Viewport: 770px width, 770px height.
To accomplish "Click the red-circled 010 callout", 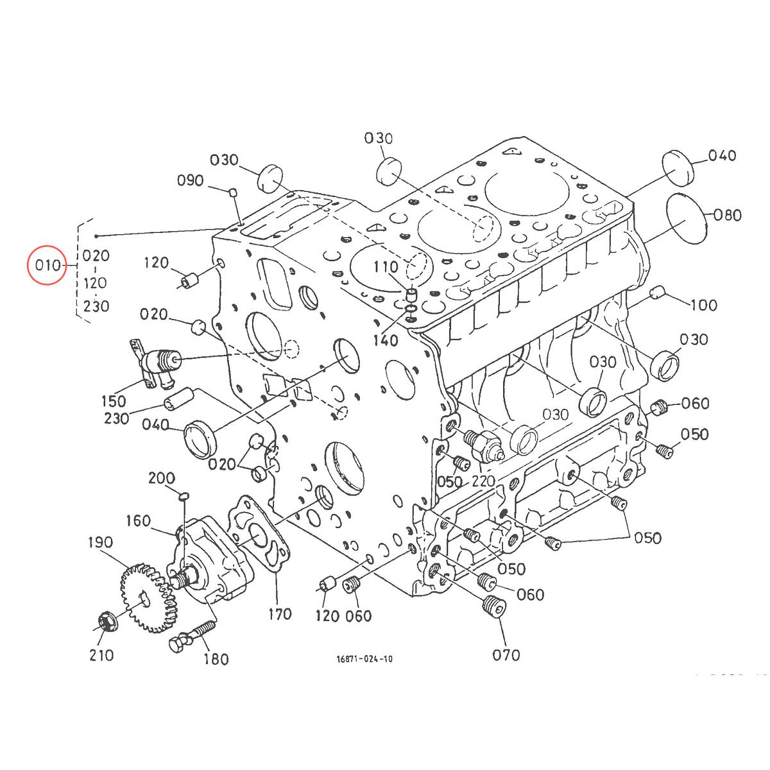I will (47, 265).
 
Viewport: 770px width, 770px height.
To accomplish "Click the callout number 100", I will (704, 305).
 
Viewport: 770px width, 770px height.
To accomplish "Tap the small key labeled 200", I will (182, 495).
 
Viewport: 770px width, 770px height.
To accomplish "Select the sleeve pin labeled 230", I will (177, 399).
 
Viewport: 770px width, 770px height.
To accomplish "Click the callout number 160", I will (138, 520).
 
